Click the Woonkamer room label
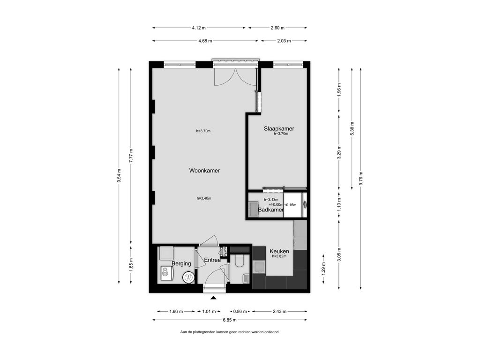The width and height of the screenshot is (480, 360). [204, 171]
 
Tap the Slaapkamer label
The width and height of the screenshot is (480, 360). [279, 128]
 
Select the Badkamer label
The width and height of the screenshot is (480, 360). [270, 210]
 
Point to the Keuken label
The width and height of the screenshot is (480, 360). [279, 251]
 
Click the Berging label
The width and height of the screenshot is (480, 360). [181, 263]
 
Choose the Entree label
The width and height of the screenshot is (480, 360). [212, 260]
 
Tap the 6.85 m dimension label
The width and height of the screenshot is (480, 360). [230, 320]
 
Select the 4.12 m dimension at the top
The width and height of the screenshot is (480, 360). [199, 28]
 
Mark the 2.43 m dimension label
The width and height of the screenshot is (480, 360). [279, 311]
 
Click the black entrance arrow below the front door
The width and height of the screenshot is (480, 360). [213, 298]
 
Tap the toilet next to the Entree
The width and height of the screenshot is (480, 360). [238, 261]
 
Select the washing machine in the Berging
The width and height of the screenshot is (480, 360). [167, 273]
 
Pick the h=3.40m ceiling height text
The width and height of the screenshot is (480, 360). [204, 198]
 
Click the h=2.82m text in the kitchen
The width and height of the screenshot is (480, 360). [279, 256]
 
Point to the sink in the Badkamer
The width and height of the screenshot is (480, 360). [253, 209]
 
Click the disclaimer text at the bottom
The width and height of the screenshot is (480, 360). [229, 332]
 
